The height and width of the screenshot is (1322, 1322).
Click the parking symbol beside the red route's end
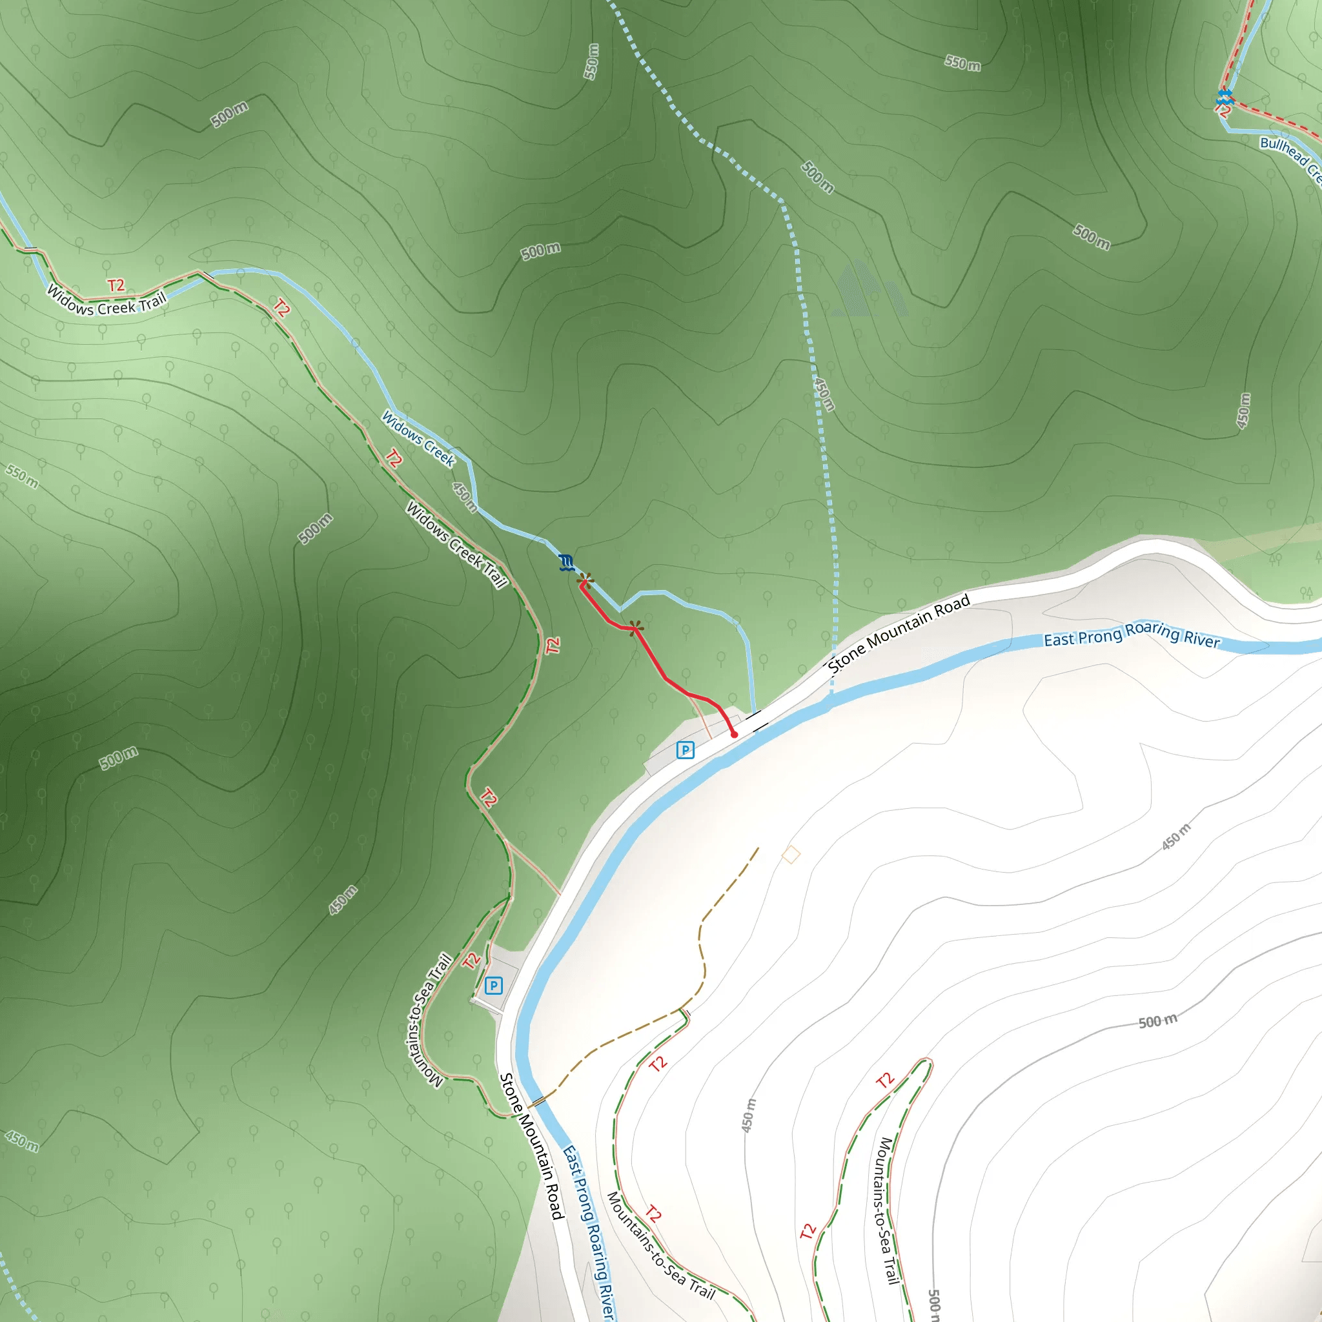pyautogui.click(x=685, y=750)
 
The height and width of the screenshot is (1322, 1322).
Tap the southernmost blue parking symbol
pyautogui.click(x=493, y=986)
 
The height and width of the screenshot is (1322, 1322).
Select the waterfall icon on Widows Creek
pyautogui.click(x=565, y=562)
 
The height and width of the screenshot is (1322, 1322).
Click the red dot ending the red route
pyautogui.click(x=734, y=734)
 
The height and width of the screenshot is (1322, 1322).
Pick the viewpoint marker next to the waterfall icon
pyautogui.click(x=584, y=581)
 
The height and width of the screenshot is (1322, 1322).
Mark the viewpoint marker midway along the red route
pyautogui.click(x=636, y=627)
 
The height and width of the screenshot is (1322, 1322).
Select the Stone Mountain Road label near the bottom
pyautogui.click(x=532, y=1146)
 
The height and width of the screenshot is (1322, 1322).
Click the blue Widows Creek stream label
pyautogui.click(x=418, y=438)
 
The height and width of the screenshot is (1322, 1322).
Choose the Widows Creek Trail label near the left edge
pyautogui.click(x=107, y=301)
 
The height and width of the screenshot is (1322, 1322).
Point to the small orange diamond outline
pyautogui.click(x=791, y=855)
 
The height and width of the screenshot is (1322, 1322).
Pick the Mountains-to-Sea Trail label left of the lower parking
pyautogui.click(x=429, y=1019)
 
